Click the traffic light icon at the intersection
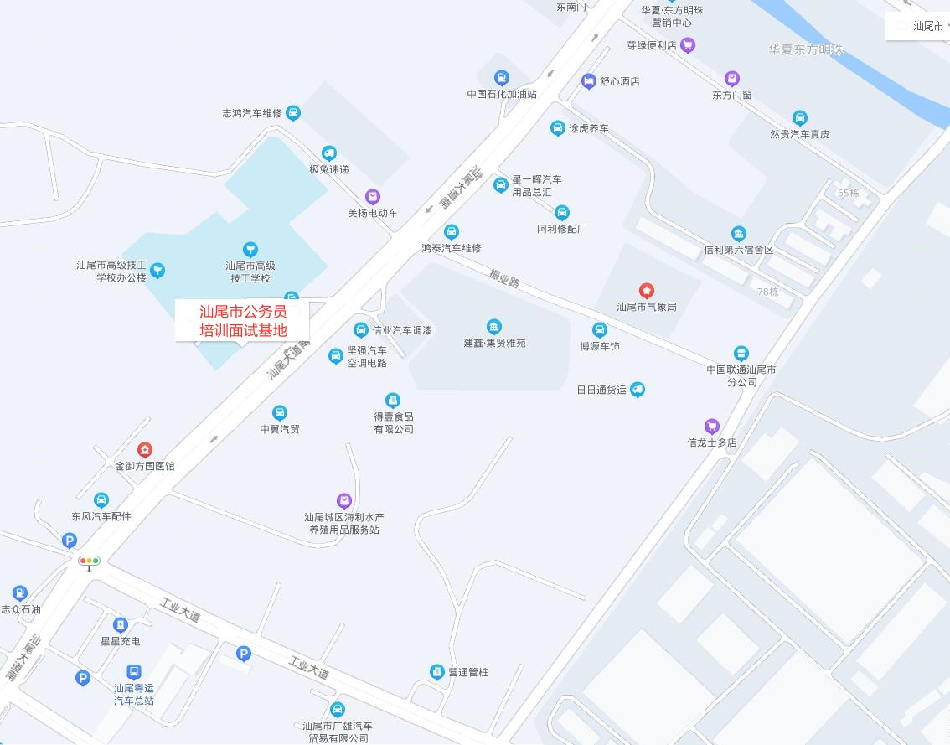coord(89,561)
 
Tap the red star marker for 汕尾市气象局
coord(647,290)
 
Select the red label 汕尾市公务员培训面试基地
coord(242,321)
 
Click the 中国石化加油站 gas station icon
coord(501,78)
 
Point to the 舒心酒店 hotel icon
coord(588,81)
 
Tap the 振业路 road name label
coord(505,278)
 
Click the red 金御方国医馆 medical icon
coord(145,450)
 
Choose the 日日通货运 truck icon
coord(638,389)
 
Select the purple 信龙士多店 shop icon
coord(712,426)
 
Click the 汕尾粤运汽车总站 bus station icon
coord(133,672)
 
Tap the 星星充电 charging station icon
coord(121,624)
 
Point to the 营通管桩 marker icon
coord(436,671)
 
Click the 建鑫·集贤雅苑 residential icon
coord(494,326)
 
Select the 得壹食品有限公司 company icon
coord(393,400)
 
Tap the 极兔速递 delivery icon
coord(329,153)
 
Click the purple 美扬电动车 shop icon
coord(373,197)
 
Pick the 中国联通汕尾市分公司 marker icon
coord(741,354)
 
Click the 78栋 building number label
coord(767,292)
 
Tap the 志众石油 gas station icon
coord(20,593)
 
